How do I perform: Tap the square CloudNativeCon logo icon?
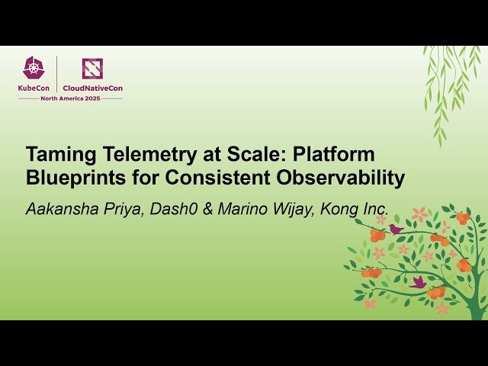click(x=92, y=69)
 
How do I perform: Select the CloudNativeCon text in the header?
click(x=92, y=88)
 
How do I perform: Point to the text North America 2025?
click(x=70, y=99)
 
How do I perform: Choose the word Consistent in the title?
click(x=225, y=178)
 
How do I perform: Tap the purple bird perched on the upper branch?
click(x=396, y=228)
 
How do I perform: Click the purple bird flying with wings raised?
click(x=418, y=281)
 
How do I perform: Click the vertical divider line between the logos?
click(x=56, y=74)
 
